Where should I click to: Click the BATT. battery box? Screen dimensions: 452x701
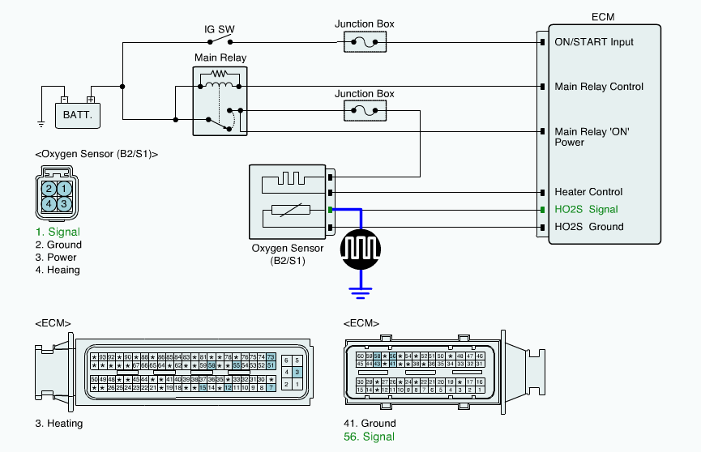pos(79,115)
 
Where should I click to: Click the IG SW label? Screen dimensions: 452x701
pos(219,30)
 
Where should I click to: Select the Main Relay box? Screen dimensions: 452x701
pos(220,100)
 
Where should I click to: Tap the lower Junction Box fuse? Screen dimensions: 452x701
pos(370,110)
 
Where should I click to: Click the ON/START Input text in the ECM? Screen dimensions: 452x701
pos(594,42)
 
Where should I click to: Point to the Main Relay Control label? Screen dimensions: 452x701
pos(599,87)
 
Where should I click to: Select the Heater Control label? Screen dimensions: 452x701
pos(588,192)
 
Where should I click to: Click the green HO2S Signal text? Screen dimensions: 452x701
pos(586,209)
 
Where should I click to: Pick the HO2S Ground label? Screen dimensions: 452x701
pos(588,226)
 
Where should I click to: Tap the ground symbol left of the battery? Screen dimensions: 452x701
pos(41,124)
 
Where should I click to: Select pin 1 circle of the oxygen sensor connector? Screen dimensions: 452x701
pos(63,189)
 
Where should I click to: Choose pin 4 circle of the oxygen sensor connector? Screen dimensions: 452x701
pos(49,203)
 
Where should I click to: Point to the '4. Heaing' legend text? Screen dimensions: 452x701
pos(58,270)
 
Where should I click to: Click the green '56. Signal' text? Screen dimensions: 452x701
pos(370,437)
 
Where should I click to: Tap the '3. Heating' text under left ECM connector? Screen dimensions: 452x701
pos(58,423)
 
